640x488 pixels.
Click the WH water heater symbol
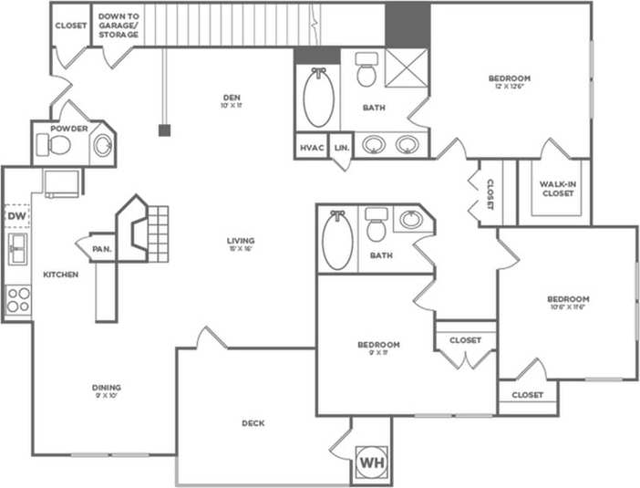click(370, 462)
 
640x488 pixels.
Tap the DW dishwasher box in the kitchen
click(16, 216)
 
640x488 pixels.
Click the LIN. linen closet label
click(342, 147)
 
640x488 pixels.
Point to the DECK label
click(253, 423)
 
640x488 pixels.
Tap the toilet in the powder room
click(61, 144)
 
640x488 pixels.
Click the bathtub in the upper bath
click(318, 101)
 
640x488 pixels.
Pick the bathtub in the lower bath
click(337, 240)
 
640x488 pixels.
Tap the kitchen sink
click(16, 248)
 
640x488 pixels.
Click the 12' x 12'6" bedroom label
click(509, 79)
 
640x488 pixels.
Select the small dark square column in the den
click(164, 130)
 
